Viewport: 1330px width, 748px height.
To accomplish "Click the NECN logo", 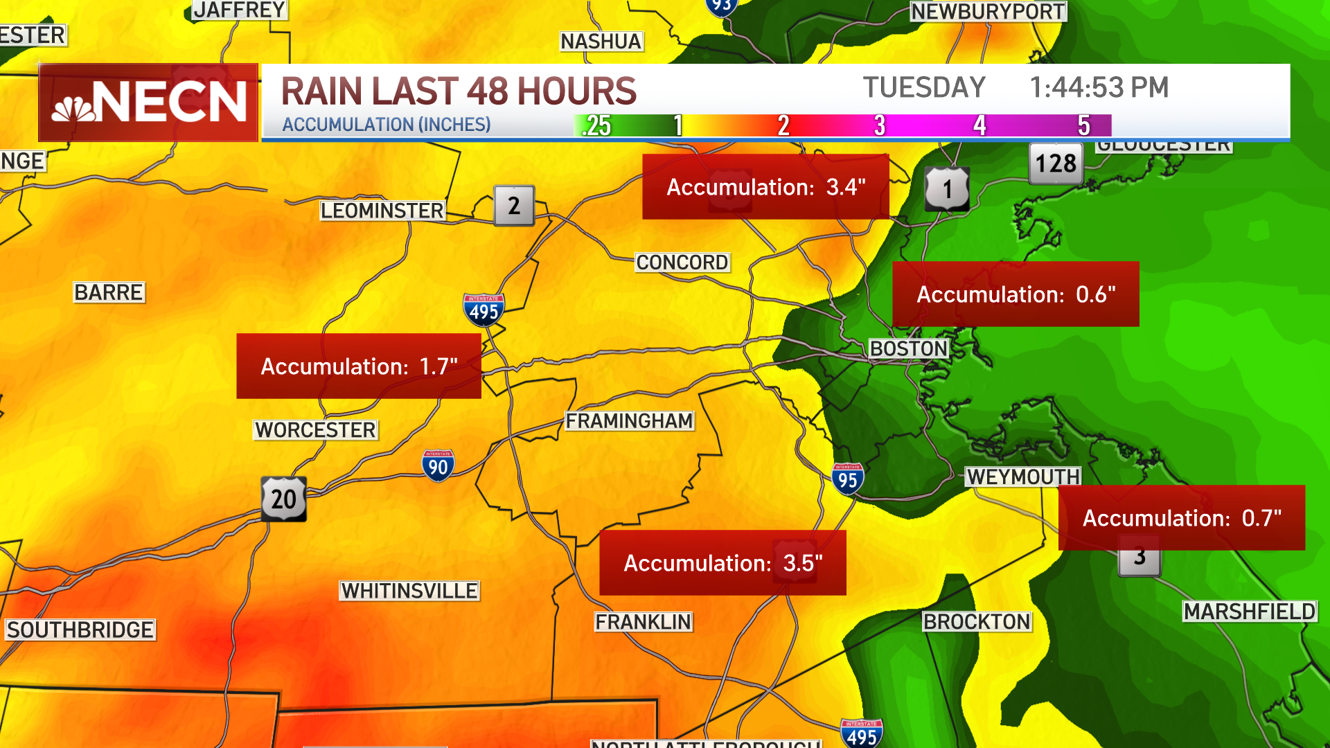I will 148,103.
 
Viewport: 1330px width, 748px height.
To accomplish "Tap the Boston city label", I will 908,348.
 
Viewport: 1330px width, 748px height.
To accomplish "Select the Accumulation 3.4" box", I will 765,187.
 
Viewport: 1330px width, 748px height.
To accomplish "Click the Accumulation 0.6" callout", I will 1016,294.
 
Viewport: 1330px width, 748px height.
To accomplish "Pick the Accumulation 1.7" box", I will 359,366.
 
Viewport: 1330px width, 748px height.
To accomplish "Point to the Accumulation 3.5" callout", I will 722,563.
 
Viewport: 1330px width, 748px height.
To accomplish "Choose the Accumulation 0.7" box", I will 1182,518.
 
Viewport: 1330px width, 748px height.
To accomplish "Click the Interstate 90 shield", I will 438,466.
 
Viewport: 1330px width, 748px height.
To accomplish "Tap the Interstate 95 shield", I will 847,479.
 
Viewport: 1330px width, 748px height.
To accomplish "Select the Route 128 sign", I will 1056,163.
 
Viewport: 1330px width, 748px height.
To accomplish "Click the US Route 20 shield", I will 284,499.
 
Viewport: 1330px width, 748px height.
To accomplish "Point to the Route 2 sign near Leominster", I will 514,206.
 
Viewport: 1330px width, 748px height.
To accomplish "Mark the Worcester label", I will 315,430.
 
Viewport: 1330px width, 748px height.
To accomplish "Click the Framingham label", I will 629,421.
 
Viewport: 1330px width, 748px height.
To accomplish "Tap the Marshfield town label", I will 1249,612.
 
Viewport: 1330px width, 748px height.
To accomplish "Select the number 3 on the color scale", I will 880,125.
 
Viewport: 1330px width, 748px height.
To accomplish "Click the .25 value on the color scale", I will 597,125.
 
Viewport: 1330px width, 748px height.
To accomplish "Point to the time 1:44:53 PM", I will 1099,88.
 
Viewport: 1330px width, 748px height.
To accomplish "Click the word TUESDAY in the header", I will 923,88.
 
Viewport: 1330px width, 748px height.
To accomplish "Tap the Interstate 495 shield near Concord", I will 484,310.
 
